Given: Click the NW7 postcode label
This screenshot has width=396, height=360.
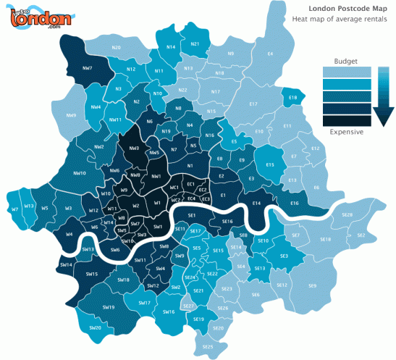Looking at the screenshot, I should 87,67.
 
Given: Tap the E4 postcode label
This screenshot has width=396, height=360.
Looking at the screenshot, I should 270,54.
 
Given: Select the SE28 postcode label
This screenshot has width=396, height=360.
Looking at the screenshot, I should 346,215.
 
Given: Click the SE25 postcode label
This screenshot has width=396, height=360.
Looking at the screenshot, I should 208,347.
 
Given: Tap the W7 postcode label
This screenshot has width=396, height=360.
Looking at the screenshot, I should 14,209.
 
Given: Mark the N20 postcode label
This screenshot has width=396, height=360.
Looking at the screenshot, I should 116,48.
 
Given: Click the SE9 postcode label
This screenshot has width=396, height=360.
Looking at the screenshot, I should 312,286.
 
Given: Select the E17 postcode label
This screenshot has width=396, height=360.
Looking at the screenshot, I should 253,105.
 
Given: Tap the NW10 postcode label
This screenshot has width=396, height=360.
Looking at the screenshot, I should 80,173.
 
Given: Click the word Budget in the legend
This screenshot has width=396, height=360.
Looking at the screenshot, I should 346,61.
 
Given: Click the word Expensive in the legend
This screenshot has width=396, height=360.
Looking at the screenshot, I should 346,132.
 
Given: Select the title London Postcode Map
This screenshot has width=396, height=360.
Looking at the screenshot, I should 350,9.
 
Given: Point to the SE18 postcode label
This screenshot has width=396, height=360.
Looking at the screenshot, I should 325,239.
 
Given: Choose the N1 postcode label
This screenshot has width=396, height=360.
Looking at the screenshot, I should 190,166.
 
